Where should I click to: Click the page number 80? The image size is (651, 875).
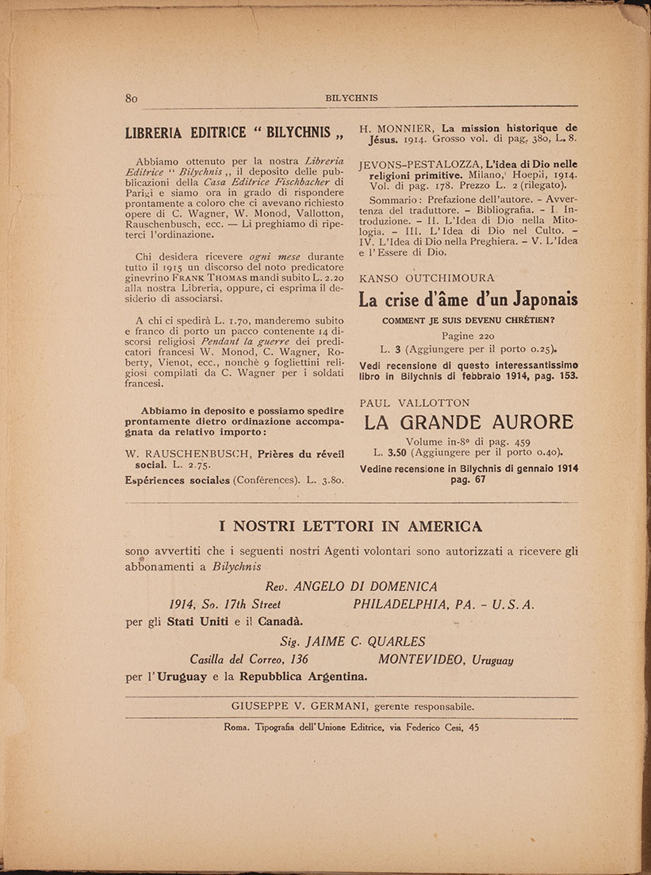[x=132, y=98]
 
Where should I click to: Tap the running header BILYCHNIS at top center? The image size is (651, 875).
[x=351, y=98]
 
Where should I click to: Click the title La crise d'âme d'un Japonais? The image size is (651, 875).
[x=468, y=301]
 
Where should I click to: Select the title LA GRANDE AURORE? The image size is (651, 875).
[x=468, y=422]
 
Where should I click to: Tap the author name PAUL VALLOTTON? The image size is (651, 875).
[x=415, y=403]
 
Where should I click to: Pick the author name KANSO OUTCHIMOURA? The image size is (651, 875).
[x=427, y=278]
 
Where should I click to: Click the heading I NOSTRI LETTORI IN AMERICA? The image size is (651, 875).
[x=350, y=526]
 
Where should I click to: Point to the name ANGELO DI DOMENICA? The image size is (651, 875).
[x=366, y=586]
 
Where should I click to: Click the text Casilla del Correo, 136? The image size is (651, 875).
[x=249, y=659]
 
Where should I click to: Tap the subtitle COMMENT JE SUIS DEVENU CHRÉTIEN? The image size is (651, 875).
[x=468, y=320]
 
